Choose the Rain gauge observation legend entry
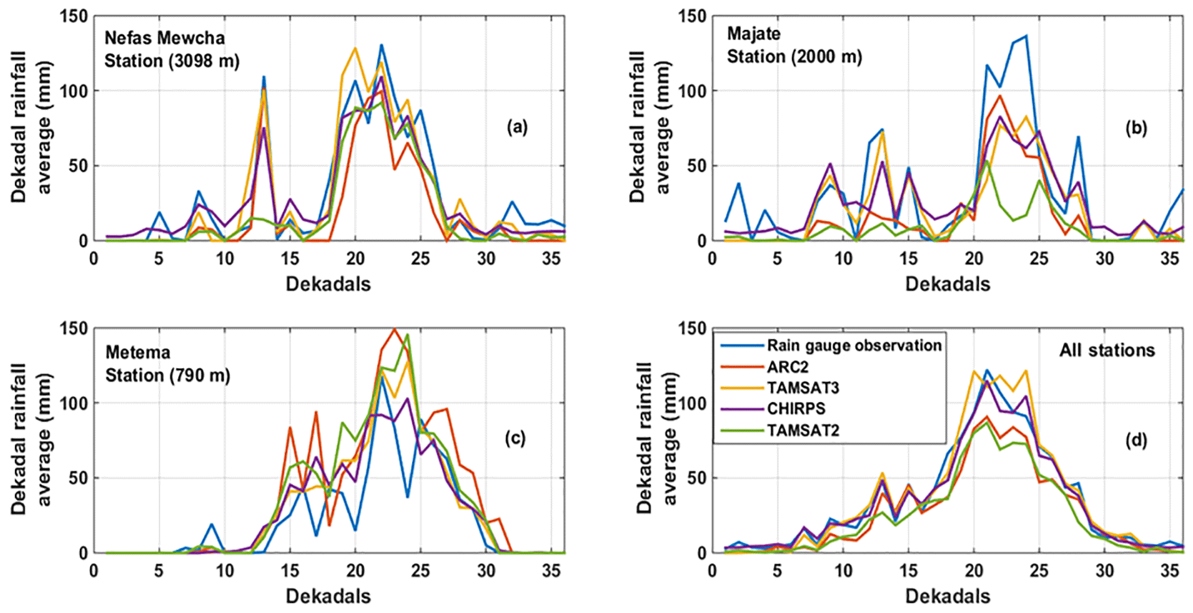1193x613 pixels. click(x=854, y=346)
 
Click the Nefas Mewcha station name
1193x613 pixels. click(x=164, y=38)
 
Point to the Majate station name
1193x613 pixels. click(x=753, y=34)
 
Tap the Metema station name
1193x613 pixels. click(x=137, y=352)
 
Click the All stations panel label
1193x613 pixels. click(x=1107, y=350)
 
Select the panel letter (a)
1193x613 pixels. click(x=517, y=127)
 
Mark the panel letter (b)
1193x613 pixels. click(x=1136, y=127)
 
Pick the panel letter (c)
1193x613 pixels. click(x=515, y=439)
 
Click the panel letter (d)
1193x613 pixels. click(x=1136, y=441)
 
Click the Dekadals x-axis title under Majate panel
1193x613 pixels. click(x=947, y=284)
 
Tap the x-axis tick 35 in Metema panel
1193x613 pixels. click(x=551, y=571)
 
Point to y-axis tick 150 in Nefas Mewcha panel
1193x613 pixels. click(x=73, y=16)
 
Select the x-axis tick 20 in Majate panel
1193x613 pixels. click(x=974, y=258)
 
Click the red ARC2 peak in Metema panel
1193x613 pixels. click(x=394, y=329)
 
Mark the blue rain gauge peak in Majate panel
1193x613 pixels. click(x=1026, y=36)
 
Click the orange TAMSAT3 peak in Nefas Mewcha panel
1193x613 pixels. click(x=355, y=48)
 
